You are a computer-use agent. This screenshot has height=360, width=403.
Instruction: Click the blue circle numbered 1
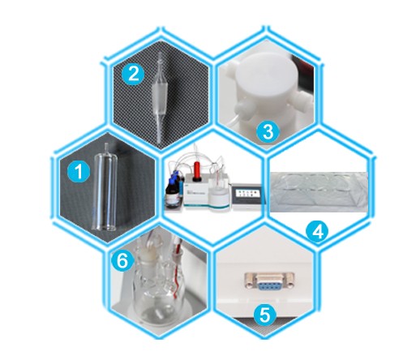[x=79, y=171]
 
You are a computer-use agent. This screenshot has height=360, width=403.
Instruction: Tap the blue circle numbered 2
[x=133, y=74]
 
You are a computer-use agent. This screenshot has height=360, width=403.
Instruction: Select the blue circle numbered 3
[x=268, y=131]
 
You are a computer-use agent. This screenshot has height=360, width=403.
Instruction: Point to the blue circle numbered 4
[x=317, y=231]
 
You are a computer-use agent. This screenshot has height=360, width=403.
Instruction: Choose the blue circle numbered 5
[x=264, y=315]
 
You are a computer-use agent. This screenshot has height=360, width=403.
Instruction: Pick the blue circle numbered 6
[x=122, y=262]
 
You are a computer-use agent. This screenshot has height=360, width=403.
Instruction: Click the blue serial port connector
[x=269, y=281]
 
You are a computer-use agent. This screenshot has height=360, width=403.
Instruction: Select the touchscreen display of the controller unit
[x=246, y=193]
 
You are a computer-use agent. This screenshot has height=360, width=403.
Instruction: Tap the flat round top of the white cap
[x=262, y=75]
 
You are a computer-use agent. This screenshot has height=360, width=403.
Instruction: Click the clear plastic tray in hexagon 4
[x=319, y=191]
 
